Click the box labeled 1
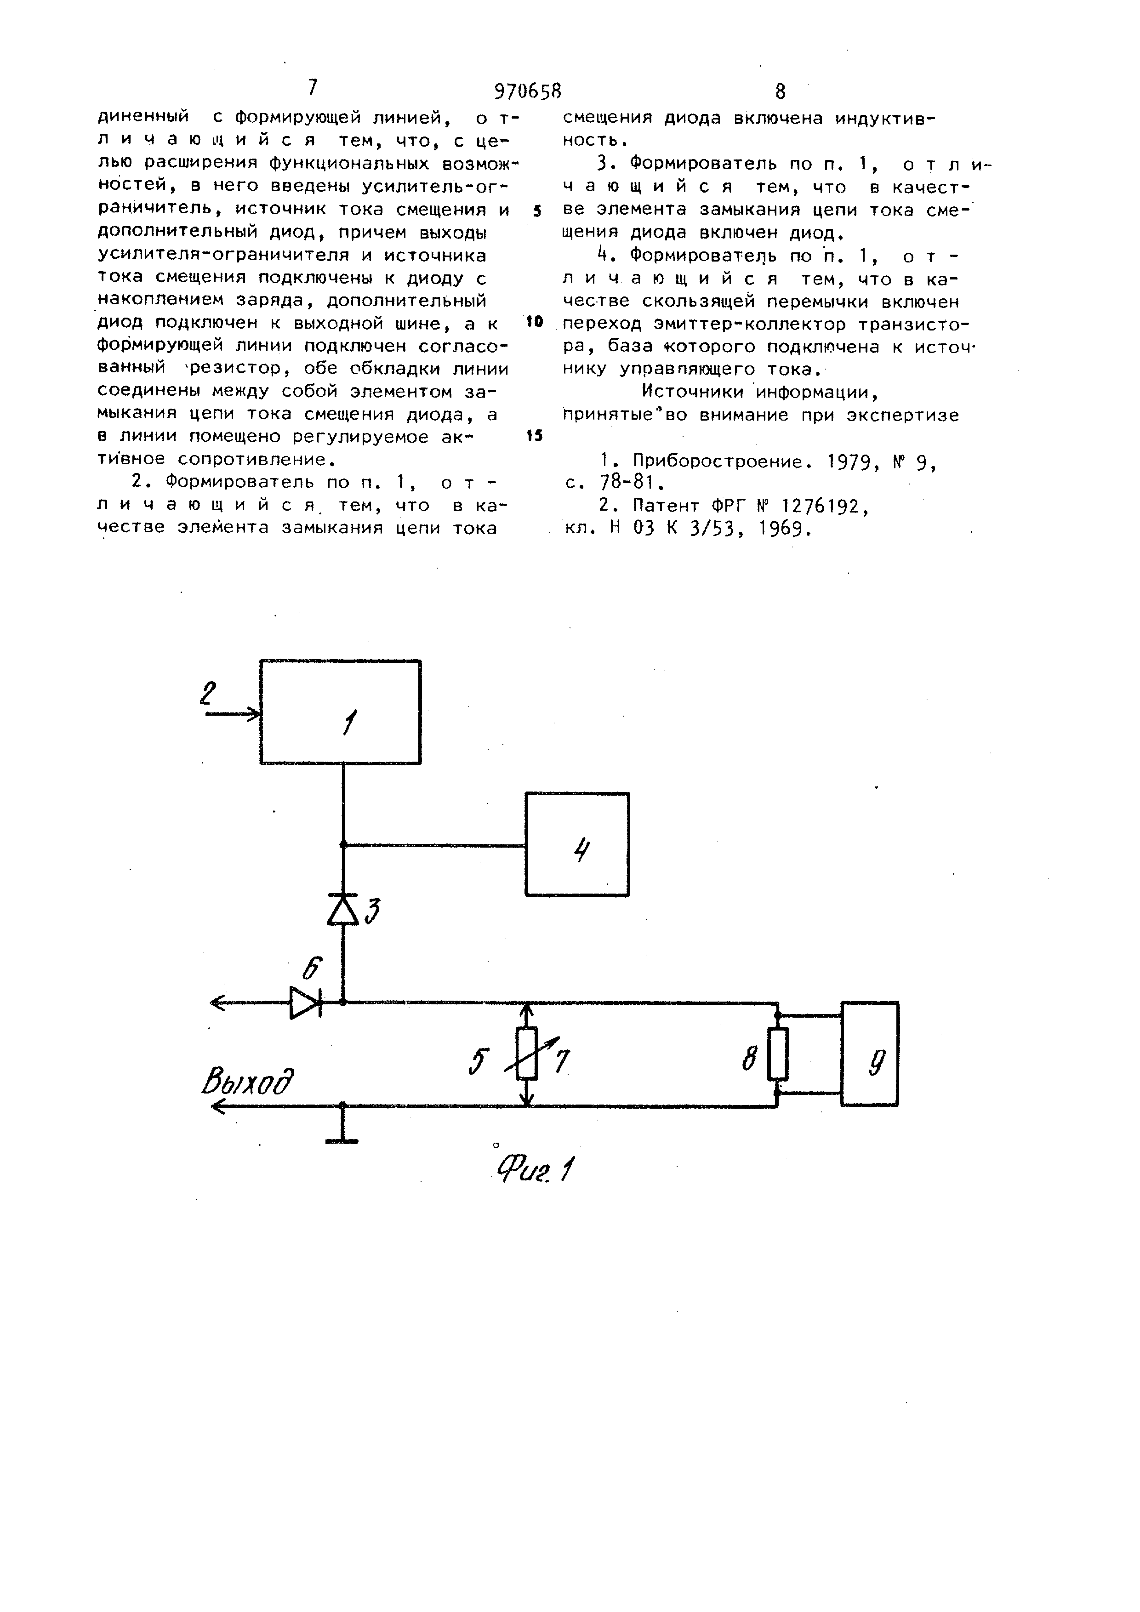(341, 712)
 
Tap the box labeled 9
(869, 1054)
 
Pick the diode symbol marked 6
(305, 1002)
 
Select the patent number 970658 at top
(528, 91)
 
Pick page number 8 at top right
(780, 91)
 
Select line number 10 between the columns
(534, 322)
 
